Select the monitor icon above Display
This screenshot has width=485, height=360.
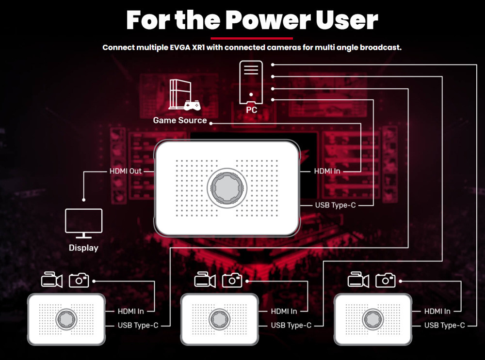point(83,223)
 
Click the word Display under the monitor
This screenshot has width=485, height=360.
point(83,248)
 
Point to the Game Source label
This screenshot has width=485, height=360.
point(180,120)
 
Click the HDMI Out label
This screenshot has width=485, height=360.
point(125,171)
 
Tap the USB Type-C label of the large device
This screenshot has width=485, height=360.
point(335,205)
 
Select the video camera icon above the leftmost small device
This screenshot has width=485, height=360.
point(51,280)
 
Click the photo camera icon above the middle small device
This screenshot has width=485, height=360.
point(232,280)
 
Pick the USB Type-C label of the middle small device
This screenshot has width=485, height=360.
point(291,326)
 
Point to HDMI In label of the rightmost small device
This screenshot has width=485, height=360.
point(437,311)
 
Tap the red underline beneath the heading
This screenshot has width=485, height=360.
point(252,38)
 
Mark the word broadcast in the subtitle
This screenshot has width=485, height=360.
point(380,47)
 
